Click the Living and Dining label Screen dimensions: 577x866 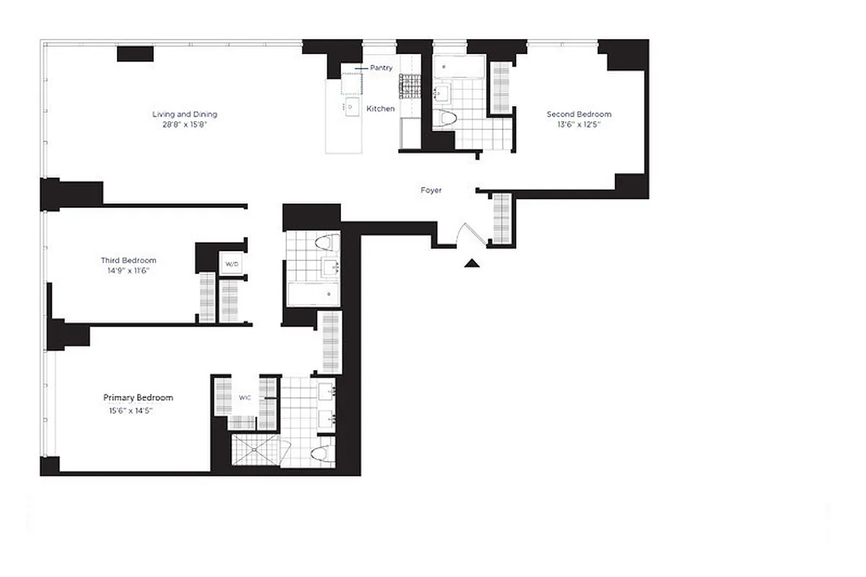pyautogui.click(x=185, y=114)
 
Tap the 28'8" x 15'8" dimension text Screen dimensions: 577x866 pyautogui.click(x=185, y=124)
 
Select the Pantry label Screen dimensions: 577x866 pyautogui.click(x=381, y=68)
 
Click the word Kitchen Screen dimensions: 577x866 pyautogui.click(x=381, y=109)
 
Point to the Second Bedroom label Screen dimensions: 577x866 pyautogui.click(x=578, y=114)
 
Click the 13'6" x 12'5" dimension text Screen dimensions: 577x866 pyautogui.click(x=578, y=124)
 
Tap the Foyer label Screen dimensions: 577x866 pyautogui.click(x=431, y=190)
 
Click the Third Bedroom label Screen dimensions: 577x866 pyautogui.click(x=128, y=260)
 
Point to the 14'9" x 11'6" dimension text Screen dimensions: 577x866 pyautogui.click(x=128, y=270)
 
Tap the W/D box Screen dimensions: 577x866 pyautogui.click(x=231, y=264)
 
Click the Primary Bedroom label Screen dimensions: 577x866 pyautogui.click(x=138, y=397)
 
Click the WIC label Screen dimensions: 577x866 pyautogui.click(x=245, y=397)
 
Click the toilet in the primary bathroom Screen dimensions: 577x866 pyautogui.click(x=323, y=454)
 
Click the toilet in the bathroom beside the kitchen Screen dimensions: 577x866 pyautogui.click(x=448, y=118)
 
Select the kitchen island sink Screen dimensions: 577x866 pyautogui.click(x=351, y=107)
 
